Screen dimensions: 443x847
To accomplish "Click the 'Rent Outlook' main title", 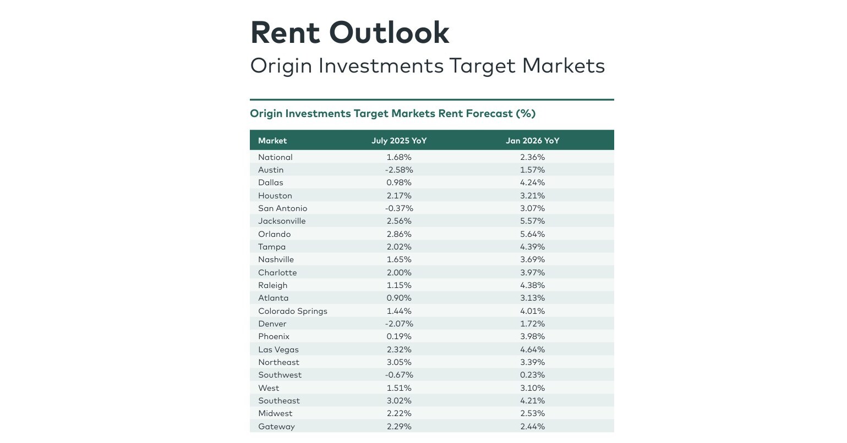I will click(349, 32).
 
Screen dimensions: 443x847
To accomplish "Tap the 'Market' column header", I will click(272, 141).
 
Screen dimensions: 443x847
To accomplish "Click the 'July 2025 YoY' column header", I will click(399, 141).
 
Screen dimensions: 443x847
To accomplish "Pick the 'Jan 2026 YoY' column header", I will click(532, 141).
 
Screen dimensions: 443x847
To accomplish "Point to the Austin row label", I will click(271, 170).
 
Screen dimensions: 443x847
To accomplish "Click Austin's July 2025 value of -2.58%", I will click(399, 170).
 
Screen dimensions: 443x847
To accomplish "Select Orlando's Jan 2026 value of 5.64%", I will click(532, 234).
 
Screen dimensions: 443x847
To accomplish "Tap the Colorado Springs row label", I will click(293, 311).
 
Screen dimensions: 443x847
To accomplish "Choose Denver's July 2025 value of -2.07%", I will click(399, 324).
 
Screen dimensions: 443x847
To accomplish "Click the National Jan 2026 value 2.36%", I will click(532, 157).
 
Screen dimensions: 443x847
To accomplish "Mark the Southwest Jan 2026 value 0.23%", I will click(532, 375).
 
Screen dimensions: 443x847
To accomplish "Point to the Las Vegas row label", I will click(278, 350).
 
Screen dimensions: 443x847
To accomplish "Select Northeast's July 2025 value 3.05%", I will click(399, 362).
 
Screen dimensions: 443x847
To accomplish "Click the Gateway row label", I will click(276, 427).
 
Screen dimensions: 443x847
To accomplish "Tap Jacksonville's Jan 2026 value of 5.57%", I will click(532, 221).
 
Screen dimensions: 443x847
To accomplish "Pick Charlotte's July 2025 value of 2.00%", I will click(399, 273).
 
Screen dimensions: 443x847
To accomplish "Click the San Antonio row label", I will click(283, 208).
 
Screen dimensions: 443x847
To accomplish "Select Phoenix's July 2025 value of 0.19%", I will click(399, 336).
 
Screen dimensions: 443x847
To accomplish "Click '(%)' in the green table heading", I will click(525, 114).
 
